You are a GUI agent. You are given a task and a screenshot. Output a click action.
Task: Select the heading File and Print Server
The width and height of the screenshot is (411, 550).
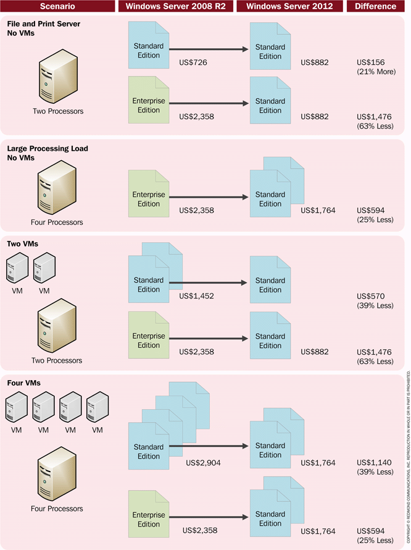[44, 23]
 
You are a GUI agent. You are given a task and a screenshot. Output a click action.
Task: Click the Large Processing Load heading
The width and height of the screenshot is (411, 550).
[48, 148]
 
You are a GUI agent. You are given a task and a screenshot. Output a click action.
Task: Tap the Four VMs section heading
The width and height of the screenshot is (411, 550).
[23, 383]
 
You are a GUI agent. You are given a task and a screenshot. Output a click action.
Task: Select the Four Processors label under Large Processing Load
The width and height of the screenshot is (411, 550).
[57, 222]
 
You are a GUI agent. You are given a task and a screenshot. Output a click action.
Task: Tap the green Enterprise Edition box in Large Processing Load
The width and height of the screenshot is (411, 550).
[149, 197]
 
